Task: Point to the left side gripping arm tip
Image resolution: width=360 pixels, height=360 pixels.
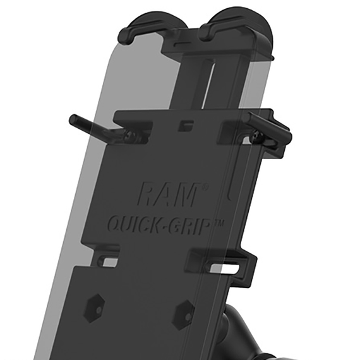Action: point(74,119)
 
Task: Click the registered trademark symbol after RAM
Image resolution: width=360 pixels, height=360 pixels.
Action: point(205,187)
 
